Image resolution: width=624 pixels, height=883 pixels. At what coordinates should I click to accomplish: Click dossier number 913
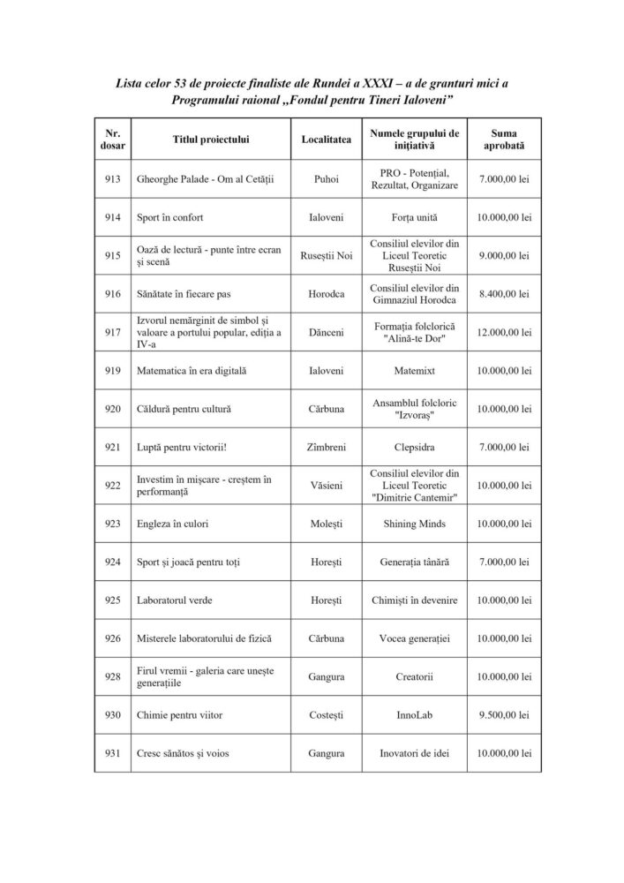tap(111, 179)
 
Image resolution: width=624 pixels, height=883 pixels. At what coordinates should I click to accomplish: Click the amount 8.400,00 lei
tap(503, 293)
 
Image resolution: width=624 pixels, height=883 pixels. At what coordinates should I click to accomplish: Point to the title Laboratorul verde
tap(175, 600)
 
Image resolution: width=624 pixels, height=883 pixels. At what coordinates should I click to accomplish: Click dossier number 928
tap(111, 676)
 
